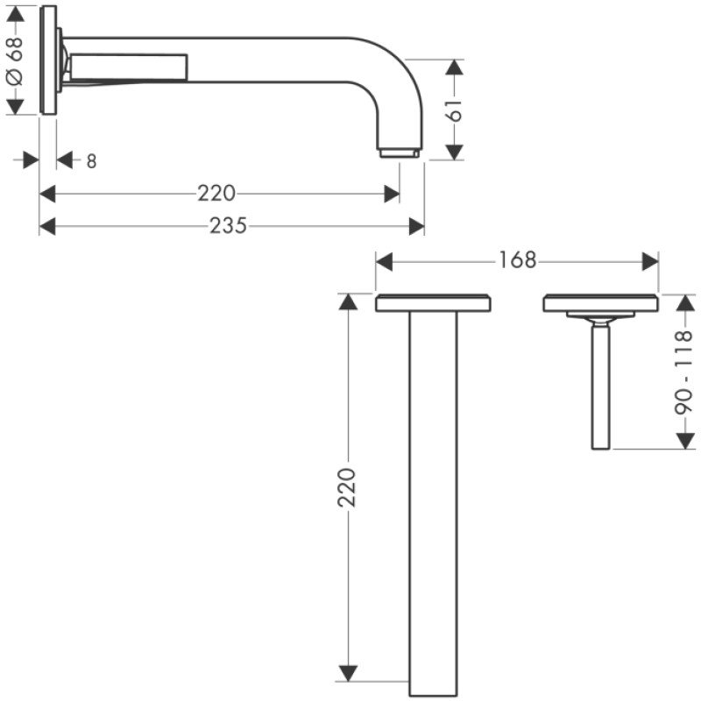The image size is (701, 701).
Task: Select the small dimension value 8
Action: click(91, 160)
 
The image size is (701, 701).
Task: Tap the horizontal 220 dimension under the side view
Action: click(216, 194)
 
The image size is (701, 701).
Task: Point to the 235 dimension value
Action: click(229, 226)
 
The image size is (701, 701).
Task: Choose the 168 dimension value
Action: click(518, 261)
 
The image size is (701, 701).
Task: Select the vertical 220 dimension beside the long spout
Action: click(348, 487)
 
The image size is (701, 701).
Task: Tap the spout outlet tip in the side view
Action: click(400, 153)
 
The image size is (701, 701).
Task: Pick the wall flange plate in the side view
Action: click(48, 60)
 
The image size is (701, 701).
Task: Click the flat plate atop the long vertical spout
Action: click(433, 303)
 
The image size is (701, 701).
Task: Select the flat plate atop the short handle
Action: click(600, 302)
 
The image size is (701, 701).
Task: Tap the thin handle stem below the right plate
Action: click(600, 386)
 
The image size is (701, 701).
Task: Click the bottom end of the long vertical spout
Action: click(433, 678)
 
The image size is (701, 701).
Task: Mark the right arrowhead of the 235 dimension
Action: click(417, 226)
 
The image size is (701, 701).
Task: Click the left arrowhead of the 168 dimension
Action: click(383, 261)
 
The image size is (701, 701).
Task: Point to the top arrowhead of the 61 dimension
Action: click(452, 67)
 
